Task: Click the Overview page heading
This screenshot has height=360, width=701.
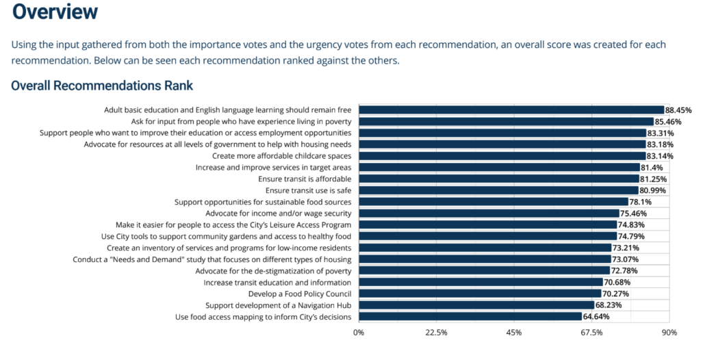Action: pos(55,12)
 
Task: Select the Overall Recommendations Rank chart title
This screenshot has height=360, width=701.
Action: pos(102,86)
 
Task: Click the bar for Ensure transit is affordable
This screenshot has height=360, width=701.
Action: pos(499,179)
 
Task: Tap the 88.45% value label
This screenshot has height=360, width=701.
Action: pos(678,110)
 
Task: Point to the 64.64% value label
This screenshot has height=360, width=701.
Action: pos(596,317)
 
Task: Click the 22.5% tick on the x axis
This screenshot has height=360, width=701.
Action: pos(436,333)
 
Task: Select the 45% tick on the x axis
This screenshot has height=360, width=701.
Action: pos(514,333)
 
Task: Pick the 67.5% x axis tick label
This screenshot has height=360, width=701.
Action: pos(591,333)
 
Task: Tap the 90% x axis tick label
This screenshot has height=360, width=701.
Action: pos(669,333)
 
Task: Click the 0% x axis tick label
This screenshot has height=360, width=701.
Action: pos(359,333)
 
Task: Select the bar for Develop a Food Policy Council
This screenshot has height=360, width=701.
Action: pos(480,294)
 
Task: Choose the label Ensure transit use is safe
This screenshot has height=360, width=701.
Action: pos(308,190)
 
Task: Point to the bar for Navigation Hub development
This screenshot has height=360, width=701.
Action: pos(476,305)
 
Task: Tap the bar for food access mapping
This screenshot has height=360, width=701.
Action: pos(470,317)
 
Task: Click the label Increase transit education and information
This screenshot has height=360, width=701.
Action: pos(277,282)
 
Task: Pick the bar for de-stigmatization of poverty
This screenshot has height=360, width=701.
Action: pos(484,270)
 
